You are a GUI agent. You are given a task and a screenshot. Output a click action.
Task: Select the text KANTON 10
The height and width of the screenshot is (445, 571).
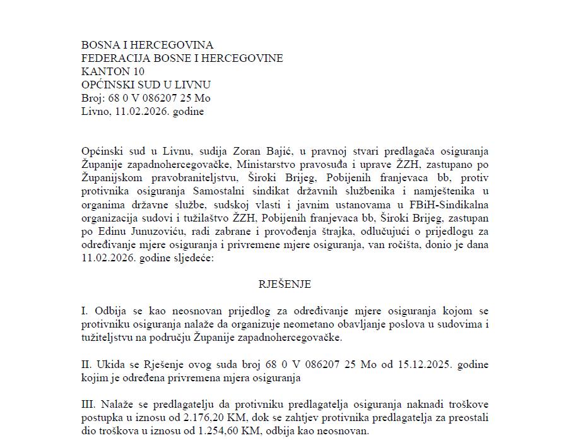113,71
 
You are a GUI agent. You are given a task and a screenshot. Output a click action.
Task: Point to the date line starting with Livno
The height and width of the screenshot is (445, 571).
143,111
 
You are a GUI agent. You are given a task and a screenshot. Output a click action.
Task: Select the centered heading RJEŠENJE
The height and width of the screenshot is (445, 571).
285,284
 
